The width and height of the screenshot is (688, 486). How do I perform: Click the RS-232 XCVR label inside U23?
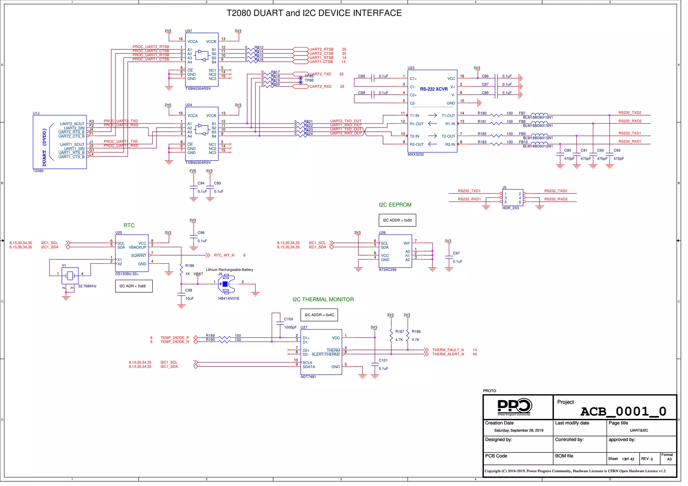(433, 89)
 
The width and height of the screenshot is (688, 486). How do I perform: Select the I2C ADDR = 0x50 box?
(397, 220)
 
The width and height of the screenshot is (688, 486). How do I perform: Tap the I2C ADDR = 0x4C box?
(319, 315)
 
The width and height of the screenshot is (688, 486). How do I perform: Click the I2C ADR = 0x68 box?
(134, 286)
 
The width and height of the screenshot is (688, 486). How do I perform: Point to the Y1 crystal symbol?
(70, 276)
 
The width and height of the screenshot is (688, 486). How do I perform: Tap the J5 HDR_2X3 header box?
(512, 198)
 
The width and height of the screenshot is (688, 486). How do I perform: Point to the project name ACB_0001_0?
(623, 411)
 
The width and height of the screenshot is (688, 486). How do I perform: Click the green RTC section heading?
(129, 225)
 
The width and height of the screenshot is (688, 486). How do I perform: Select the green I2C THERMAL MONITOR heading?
(323, 300)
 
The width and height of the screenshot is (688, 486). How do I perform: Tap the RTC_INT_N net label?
(224, 255)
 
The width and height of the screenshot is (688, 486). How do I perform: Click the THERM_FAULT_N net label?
(448, 350)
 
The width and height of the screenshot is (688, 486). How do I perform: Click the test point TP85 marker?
(301, 78)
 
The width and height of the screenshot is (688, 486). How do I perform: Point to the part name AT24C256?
(388, 270)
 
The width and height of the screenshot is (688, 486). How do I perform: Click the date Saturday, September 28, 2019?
(518, 431)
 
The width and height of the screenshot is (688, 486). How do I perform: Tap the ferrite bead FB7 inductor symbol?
(539, 115)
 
